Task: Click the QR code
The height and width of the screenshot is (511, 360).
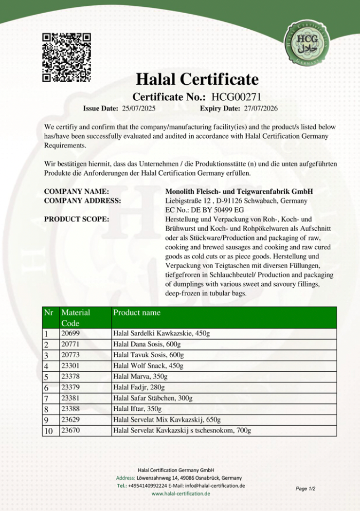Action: coord(67,56)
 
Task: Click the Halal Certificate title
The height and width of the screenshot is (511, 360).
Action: coord(197,79)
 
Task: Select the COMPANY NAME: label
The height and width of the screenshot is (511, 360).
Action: coord(76,191)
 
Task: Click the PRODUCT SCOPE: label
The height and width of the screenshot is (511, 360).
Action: coord(76,219)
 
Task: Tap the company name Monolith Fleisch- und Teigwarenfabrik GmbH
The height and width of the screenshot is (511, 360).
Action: coord(239,191)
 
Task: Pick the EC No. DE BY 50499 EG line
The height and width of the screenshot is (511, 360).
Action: coord(204,210)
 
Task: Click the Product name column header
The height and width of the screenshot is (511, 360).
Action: coord(137,312)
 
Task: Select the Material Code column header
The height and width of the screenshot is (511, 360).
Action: coord(76,318)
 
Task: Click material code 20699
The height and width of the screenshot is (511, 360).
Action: coord(70,334)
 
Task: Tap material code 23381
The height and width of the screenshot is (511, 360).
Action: coord(70,398)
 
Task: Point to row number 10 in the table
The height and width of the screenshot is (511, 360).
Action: coord(49,431)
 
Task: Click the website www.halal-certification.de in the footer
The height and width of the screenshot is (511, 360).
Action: coord(180,493)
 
